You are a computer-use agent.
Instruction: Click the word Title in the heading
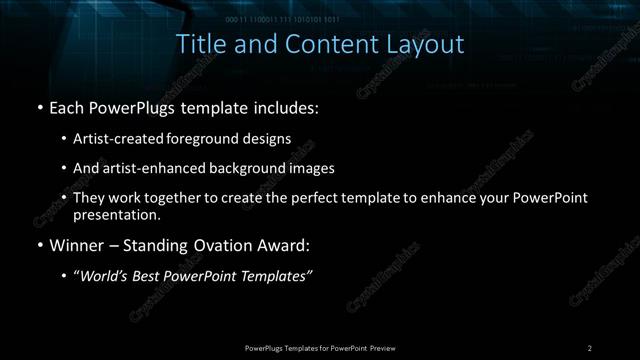[x=200, y=45]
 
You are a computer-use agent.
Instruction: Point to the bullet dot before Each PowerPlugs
[x=39, y=106]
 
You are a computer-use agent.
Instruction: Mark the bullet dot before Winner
[x=39, y=245]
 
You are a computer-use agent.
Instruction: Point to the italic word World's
[x=104, y=277]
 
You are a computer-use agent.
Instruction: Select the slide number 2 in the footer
[x=589, y=348]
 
